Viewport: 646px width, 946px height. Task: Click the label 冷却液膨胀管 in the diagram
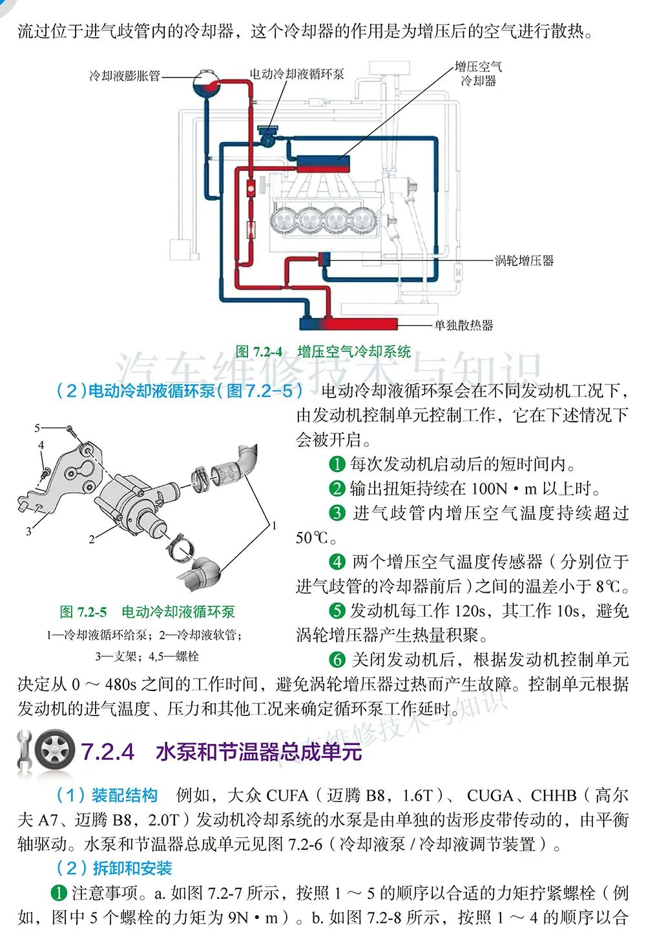125,76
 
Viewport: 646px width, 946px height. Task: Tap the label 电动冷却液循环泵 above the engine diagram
297,74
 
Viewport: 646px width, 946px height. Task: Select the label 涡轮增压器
524,261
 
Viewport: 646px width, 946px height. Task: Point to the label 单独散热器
463,325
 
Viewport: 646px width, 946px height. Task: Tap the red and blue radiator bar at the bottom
348,323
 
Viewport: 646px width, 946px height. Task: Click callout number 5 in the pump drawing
37,427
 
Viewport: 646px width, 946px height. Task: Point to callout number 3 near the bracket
28,531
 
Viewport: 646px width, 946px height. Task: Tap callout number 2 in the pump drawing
92,539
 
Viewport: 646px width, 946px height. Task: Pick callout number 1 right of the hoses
275,525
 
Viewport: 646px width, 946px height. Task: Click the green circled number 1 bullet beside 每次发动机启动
337,464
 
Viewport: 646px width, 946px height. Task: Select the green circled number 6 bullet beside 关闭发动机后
337,659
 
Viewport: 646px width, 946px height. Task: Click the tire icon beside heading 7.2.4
55,751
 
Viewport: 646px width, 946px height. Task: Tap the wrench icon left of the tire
25,751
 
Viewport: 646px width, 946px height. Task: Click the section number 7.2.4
108,752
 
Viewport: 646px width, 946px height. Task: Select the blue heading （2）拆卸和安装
114,869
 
